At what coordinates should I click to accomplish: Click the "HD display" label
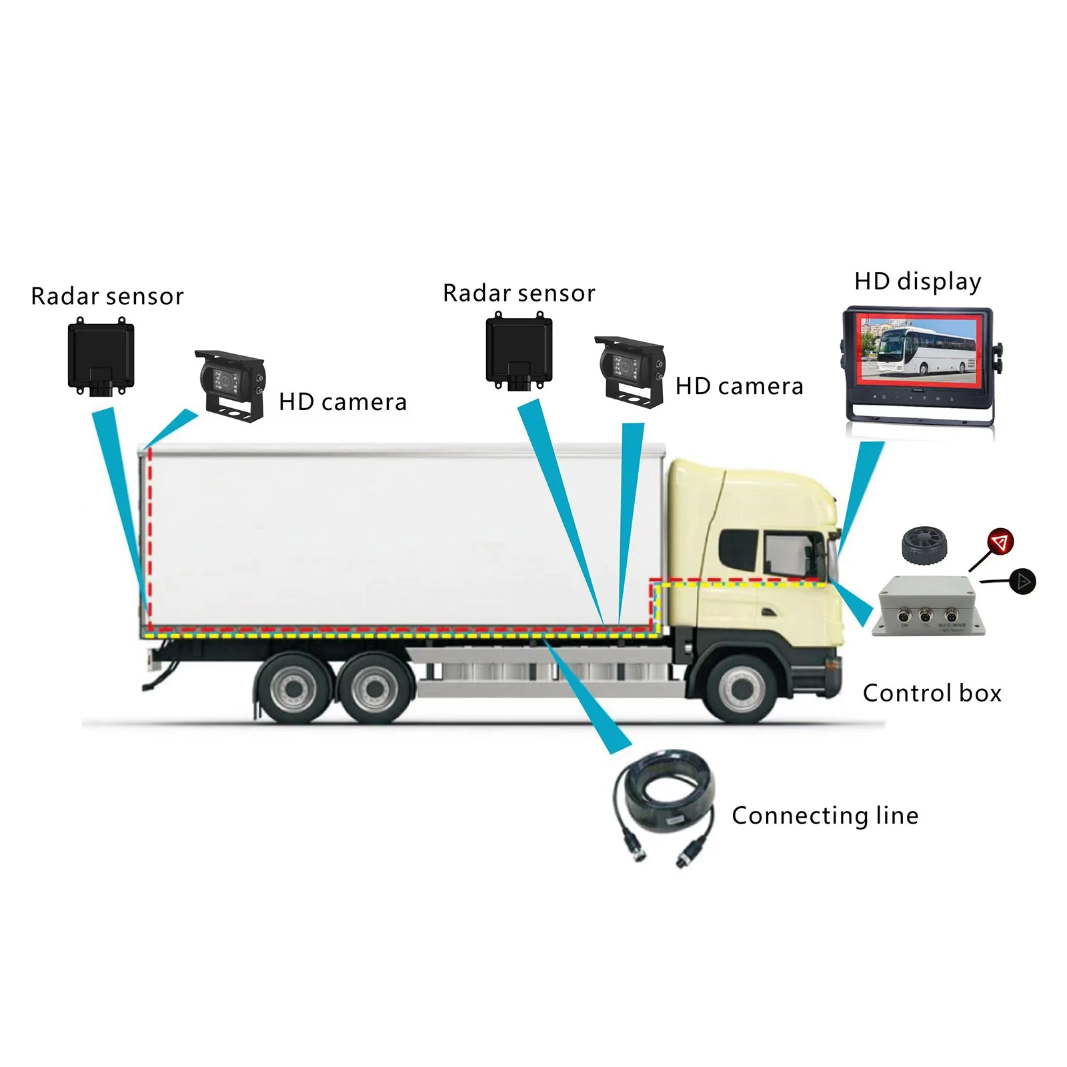coord(917,281)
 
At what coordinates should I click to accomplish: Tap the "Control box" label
coord(932,693)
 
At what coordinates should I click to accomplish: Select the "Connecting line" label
coord(825,816)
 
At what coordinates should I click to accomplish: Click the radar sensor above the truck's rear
coord(101,357)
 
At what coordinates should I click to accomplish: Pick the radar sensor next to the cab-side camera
coord(519,351)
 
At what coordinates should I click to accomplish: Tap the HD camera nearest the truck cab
coord(630,372)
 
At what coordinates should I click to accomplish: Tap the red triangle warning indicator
coord(1000,542)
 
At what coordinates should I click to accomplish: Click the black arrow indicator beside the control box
coord(1021,582)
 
